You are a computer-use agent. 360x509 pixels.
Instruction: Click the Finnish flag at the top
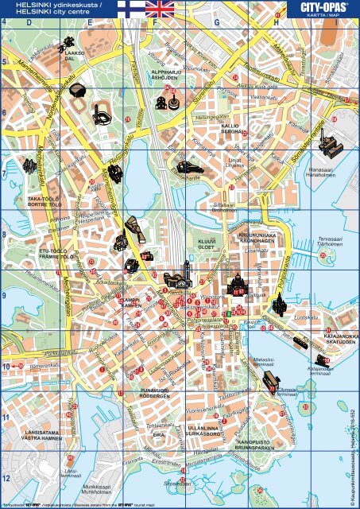point(130,10)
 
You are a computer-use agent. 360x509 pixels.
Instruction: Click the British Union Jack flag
point(161,10)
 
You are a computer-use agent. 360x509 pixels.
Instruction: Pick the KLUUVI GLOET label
point(207,243)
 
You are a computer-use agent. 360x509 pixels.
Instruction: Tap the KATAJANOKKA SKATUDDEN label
point(341,339)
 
